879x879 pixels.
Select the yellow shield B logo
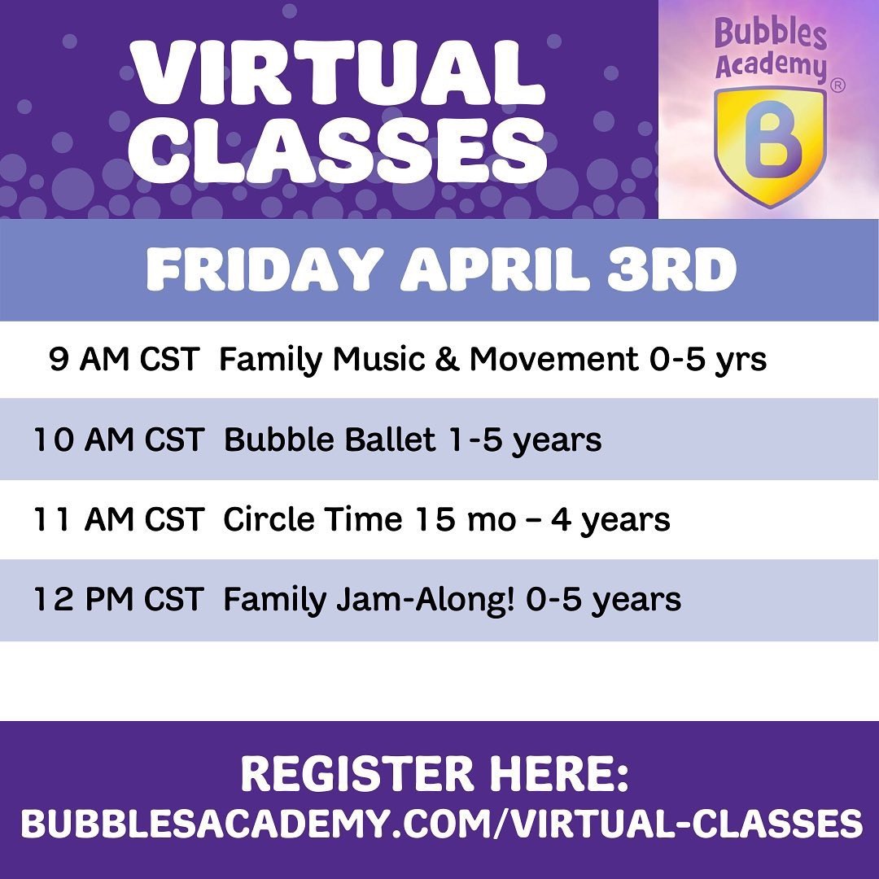point(770,146)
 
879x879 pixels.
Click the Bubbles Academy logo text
point(771,49)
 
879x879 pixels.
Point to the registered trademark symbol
point(837,85)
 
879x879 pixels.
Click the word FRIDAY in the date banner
point(265,269)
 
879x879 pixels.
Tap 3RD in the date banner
point(671,269)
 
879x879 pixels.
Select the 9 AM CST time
point(125,359)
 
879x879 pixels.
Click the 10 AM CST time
point(119,439)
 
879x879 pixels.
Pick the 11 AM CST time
point(119,519)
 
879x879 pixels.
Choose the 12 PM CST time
point(119,599)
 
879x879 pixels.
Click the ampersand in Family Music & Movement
point(447,359)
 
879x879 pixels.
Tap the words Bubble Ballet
point(329,439)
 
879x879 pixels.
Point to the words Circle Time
point(313,519)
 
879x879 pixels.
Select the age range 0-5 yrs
point(707,360)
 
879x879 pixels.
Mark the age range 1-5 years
point(525,440)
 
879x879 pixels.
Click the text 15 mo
point(466,519)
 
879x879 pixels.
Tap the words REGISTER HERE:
point(435,774)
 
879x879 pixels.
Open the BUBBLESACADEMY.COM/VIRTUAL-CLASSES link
point(441,823)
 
